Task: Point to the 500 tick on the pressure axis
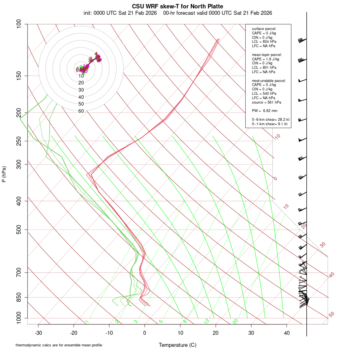(x=19, y=230)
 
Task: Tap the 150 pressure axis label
(x=19, y=76)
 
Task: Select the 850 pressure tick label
(x=19, y=297)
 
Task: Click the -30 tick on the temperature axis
(x=38, y=333)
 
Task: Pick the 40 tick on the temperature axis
(x=286, y=333)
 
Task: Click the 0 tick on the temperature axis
(x=145, y=333)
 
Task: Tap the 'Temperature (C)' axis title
(x=177, y=345)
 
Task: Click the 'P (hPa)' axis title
(x=4, y=174)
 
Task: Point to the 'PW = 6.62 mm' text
(x=264, y=111)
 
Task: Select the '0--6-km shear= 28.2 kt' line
(x=270, y=120)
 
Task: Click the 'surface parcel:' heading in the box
(x=264, y=29)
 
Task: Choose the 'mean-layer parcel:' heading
(x=267, y=54)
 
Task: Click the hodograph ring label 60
(x=81, y=111)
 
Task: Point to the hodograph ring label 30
(x=81, y=90)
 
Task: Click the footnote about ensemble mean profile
(x=59, y=345)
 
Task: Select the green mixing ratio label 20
(x=235, y=321)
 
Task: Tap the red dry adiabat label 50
(x=331, y=315)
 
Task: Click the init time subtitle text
(x=178, y=13)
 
